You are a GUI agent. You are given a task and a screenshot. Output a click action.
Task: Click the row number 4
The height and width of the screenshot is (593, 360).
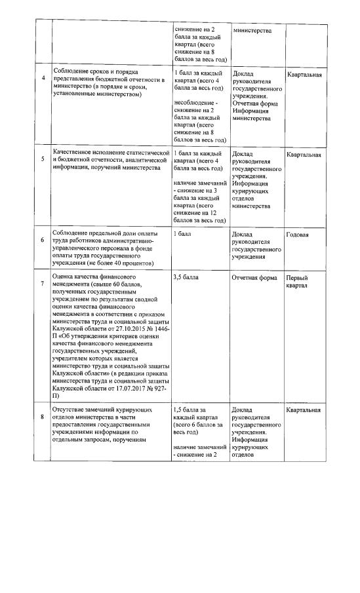43,79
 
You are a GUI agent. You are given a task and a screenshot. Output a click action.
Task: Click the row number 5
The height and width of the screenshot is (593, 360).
43,158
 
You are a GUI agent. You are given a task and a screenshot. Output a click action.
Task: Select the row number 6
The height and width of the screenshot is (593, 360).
43,240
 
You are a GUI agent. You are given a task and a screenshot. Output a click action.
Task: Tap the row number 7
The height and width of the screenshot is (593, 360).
43,284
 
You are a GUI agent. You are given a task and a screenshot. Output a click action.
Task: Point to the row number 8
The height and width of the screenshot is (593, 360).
43,415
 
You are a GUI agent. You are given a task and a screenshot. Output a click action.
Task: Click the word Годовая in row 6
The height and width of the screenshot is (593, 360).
298,234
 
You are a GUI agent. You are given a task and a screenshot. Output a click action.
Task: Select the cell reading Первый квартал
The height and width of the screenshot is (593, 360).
298,282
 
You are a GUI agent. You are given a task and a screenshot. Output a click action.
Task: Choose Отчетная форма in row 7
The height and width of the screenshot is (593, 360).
254,278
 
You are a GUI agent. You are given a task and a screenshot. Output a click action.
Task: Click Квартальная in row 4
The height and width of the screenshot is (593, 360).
304,74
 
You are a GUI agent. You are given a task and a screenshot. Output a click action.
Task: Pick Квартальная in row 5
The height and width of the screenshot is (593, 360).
304,155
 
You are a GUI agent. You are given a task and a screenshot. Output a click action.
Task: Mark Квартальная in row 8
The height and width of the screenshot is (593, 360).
304,410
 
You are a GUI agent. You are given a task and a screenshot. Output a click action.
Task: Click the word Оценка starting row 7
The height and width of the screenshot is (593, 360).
64,278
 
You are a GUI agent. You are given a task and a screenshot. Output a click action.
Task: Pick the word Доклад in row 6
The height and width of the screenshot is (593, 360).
243,234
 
